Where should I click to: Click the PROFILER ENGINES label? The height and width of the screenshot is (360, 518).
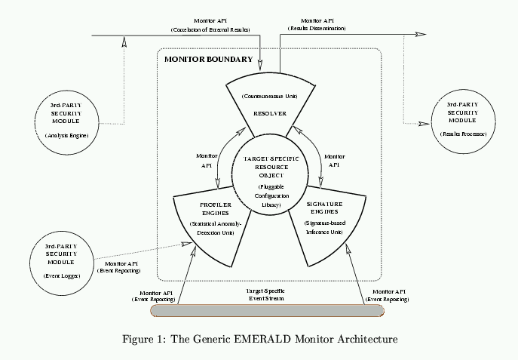click(x=215, y=208)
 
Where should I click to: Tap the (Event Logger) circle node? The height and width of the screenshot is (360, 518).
click(x=61, y=261)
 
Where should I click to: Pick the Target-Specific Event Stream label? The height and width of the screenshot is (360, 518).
click(x=265, y=294)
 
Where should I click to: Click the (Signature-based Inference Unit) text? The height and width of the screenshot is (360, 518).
click(x=323, y=228)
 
